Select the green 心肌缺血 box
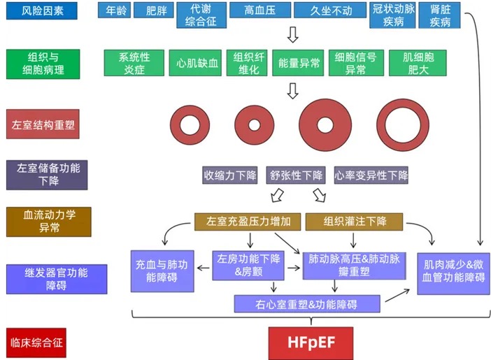tap(198, 64)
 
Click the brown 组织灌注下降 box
tap(355, 222)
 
